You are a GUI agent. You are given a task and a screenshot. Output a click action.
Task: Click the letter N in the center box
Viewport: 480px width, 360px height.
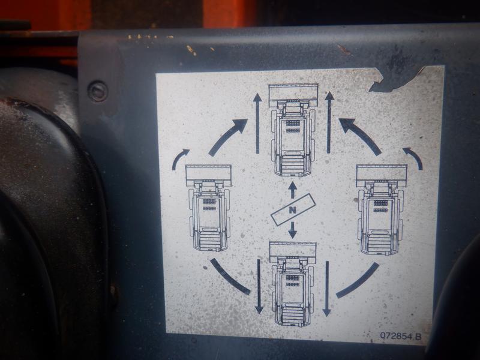[x=293, y=210]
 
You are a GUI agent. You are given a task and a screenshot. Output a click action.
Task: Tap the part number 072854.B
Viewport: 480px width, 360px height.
[x=400, y=336]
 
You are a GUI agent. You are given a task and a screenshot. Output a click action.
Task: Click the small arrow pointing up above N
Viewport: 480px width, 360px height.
[x=293, y=190]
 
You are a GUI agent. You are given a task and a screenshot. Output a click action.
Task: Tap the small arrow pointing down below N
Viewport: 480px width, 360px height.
[x=293, y=230]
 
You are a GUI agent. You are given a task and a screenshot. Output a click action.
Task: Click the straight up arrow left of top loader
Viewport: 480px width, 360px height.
[x=257, y=124]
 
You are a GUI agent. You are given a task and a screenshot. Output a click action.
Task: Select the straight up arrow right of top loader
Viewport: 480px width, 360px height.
[x=329, y=122]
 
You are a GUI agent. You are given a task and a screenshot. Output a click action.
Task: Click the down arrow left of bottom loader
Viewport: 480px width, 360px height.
[x=259, y=287]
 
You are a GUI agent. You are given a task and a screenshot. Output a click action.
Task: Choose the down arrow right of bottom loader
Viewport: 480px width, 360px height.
[x=326, y=289]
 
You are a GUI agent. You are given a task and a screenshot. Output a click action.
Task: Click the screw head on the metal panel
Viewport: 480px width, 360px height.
[x=98, y=91]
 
